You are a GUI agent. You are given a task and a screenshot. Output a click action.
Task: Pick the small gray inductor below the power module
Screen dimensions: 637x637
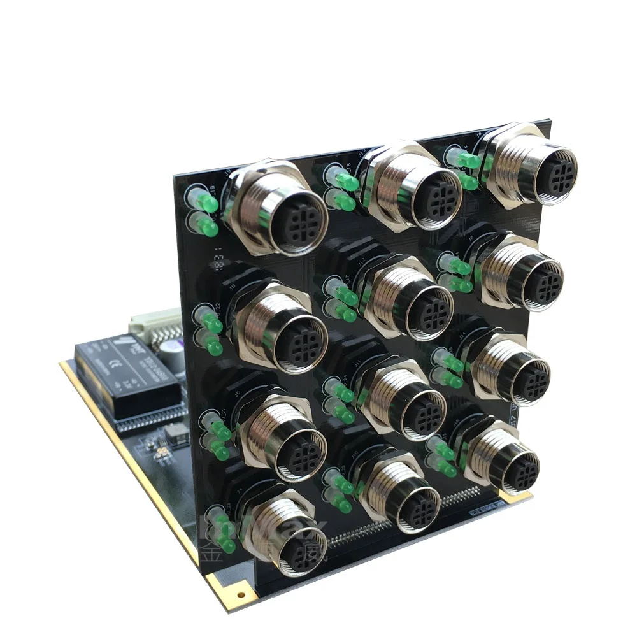click(x=176, y=434)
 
